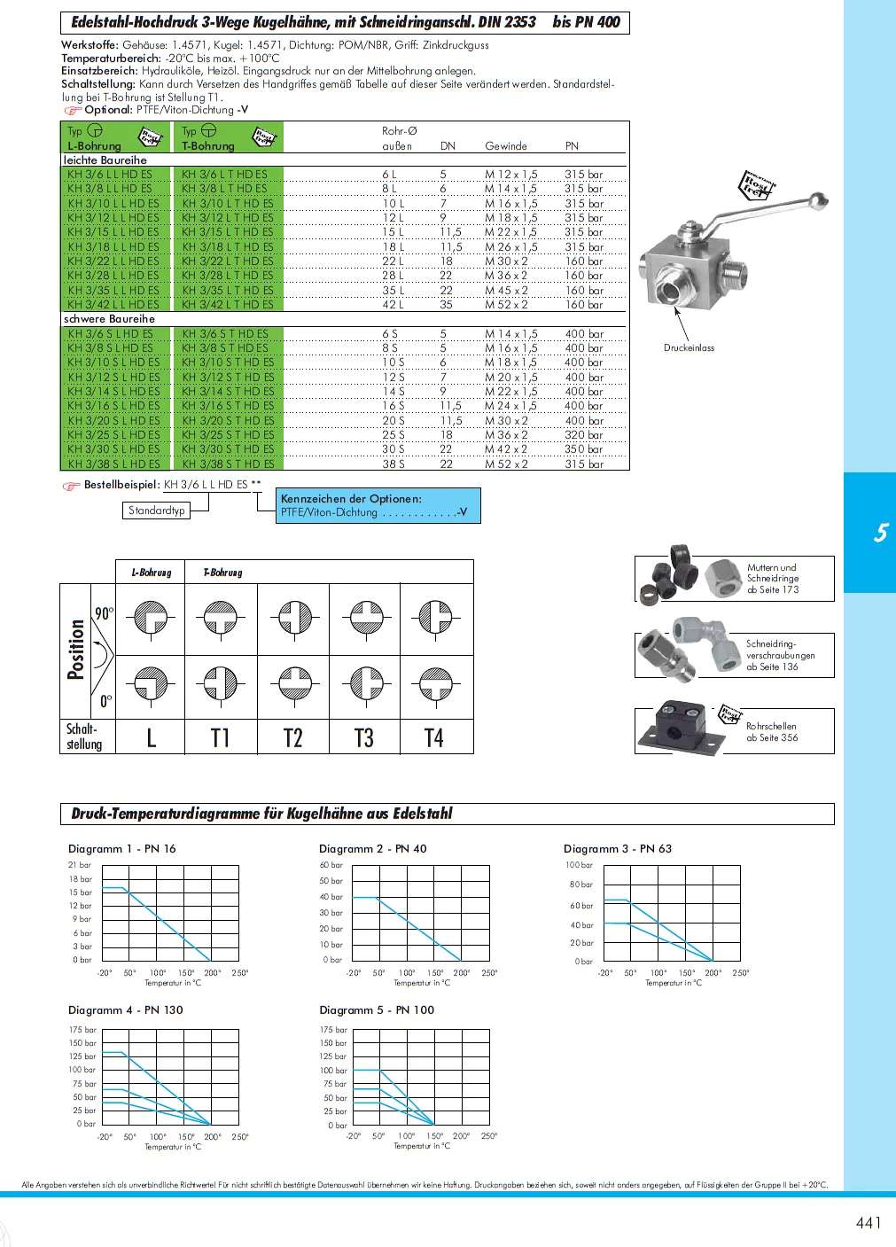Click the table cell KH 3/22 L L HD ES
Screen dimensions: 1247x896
[113, 261]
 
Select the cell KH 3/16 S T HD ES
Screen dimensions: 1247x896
[228, 406]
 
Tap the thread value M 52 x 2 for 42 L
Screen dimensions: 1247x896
[506, 305]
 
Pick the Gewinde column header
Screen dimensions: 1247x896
[506, 146]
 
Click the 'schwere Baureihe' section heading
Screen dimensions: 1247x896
[109, 319]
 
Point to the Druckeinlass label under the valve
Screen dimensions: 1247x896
[689, 348]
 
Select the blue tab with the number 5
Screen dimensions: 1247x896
[879, 533]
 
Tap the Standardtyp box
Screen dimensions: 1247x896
[157, 510]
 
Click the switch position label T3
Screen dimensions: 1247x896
[364, 738]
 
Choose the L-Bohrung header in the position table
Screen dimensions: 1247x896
[152, 573]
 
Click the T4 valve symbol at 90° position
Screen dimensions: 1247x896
[435, 617]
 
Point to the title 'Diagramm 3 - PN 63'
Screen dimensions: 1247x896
[618, 849]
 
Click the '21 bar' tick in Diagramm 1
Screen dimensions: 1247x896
[80, 865]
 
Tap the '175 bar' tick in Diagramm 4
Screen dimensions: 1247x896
[82, 1030]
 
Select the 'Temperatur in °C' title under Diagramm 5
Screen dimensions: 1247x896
[422, 1146]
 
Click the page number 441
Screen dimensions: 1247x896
[869, 1223]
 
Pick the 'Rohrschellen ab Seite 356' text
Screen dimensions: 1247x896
[772, 731]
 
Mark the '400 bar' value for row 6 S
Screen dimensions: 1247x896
[584, 334]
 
